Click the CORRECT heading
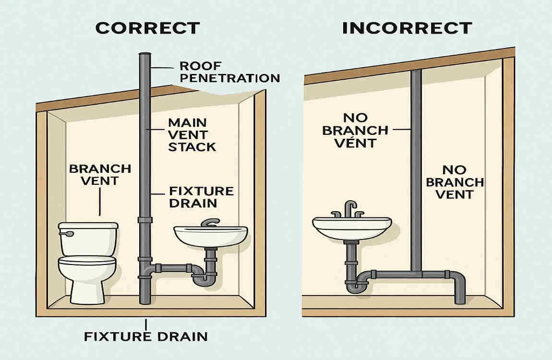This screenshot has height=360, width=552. [x=147, y=27]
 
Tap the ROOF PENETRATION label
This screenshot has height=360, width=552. [x=229, y=72]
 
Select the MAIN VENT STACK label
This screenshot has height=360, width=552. [x=191, y=134]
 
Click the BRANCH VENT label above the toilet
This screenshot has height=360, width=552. [x=100, y=175]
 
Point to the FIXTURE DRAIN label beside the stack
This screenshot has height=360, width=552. [x=201, y=197]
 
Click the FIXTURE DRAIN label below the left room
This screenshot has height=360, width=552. [x=146, y=336]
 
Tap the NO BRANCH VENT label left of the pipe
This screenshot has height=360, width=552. [x=356, y=130]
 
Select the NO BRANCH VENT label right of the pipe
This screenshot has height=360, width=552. [x=455, y=182]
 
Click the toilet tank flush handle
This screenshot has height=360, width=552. [x=67, y=234]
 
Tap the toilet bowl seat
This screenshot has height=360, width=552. [x=87, y=261]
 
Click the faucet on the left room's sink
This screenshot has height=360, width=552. [x=210, y=223]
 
